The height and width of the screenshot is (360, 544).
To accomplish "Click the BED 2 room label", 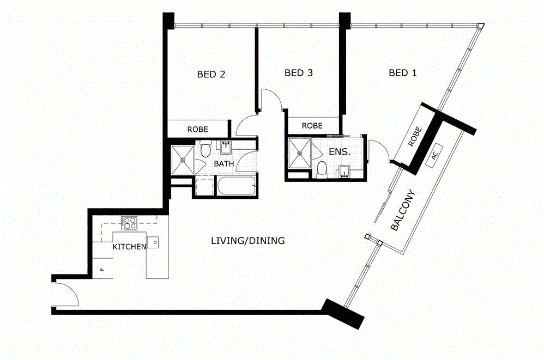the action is [211, 74].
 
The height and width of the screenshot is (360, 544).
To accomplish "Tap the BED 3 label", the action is [298, 73].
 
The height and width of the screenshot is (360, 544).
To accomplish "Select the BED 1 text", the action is [402, 73].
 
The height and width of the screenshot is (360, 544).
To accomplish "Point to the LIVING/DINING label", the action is [247, 241].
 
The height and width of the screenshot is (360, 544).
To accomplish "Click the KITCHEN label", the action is [129, 247].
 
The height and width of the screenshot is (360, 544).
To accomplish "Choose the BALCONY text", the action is [403, 210].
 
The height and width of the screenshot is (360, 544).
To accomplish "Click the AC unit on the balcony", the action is [434, 156].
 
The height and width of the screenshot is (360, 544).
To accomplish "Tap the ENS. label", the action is [340, 152].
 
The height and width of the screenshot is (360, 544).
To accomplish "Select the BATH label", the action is [224, 163].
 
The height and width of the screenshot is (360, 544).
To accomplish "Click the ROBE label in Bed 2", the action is [198, 130].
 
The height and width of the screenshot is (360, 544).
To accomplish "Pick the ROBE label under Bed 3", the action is [312, 126].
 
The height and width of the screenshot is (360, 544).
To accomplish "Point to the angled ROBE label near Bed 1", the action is [415, 137].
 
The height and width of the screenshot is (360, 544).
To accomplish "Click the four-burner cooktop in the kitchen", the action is [129, 223].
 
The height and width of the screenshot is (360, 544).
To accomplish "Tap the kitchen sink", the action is [153, 242].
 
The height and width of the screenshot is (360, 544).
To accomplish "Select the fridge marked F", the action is [102, 268].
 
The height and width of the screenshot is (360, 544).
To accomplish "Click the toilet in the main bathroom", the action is [205, 149].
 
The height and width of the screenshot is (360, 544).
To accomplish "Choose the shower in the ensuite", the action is [299, 153].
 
